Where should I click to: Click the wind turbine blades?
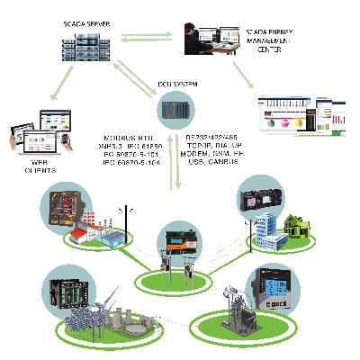105,297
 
